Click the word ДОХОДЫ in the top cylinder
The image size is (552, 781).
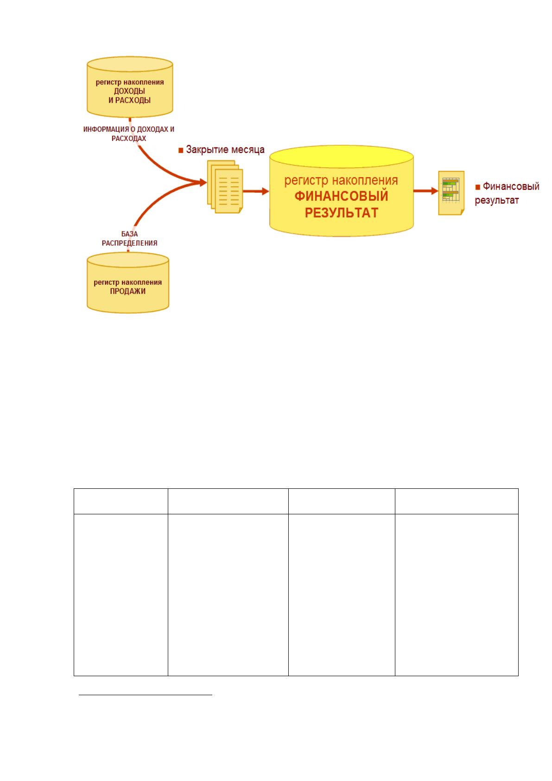(x=129, y=91)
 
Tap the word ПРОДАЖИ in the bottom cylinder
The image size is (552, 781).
(x=128, y=291)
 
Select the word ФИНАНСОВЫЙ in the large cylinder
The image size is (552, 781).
(x=341, y=196)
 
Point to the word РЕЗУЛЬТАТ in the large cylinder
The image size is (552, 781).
(x=342, y=213)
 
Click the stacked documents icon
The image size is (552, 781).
(x=225, y=186)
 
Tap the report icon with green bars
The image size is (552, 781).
(x=451, y=193)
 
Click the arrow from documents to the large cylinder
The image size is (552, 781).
(x=256, y=191)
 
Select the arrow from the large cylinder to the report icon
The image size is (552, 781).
(x=425, y=191)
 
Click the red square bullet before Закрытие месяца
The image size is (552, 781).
(x=181, y=151)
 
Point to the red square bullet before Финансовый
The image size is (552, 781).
(x=478, y=187)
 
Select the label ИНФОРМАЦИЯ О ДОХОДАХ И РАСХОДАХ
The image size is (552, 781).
(x=128, y=134)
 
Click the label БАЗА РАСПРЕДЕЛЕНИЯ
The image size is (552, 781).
(x=129, y=238)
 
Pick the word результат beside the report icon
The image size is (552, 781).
(x=496, y=201)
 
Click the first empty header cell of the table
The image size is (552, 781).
(x=121, y=501)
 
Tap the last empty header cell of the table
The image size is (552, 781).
(x=457, y=501)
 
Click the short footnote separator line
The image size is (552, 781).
(x=146, y=695)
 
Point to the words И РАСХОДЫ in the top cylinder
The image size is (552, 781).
(x=129, y=101)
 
